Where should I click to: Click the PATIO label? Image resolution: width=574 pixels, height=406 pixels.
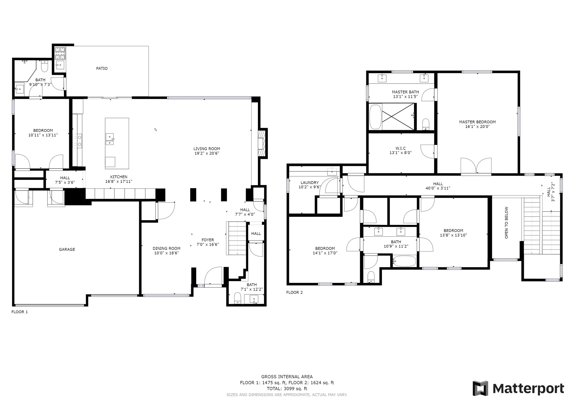click(102, 68)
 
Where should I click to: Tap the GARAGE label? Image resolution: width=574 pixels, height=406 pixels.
click(67, 249)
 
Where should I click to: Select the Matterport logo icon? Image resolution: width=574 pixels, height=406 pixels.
click(480, 388)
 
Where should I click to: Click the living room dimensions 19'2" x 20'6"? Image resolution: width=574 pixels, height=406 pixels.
click(207, 153)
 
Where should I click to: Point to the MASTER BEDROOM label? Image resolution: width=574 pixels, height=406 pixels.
click(477, 122)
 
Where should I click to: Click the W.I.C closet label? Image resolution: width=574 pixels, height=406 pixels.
click(400, 148)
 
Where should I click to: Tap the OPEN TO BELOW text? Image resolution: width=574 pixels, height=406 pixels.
click(506, 223)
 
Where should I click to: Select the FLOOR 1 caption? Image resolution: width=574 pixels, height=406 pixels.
click(20, 312)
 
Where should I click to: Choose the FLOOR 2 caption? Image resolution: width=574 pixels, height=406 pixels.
click(294, 292)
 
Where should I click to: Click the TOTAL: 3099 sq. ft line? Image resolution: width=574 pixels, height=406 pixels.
click(287, 389)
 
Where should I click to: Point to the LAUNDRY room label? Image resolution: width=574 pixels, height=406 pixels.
click(310, 183)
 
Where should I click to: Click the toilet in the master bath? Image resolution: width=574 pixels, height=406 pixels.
click(425, 124)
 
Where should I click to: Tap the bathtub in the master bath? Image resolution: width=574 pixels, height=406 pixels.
click(375, 117)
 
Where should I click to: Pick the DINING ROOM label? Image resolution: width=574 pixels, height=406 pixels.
click(166, 248)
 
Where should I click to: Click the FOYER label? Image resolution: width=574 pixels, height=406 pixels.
click(208, 240)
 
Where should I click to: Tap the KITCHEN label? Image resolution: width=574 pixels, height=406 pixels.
click(119, 177)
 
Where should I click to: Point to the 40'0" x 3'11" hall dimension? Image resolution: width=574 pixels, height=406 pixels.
click(438, 188)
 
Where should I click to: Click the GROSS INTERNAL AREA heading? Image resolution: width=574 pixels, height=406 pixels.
click(287, 377)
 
